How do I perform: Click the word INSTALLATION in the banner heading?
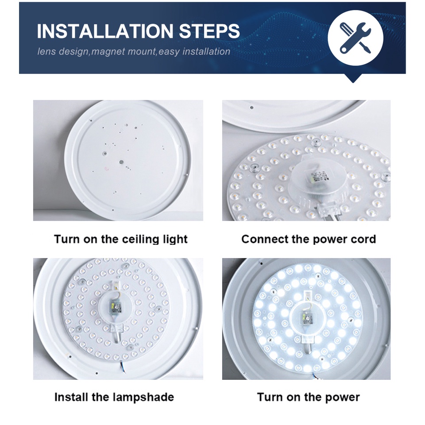(x=105, y=31)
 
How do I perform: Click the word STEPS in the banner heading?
(x=209, y=31)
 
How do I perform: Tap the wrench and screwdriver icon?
(x=355, y=38)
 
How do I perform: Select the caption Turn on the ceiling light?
(x=120, y=239)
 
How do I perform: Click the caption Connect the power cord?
(x=309, y=239)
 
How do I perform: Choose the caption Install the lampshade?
(x=114, y=397)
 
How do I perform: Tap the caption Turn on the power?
(x=309, y=397)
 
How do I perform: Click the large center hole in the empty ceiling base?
(x=121, y=162)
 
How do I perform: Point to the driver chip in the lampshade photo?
(x=114, y=307)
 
